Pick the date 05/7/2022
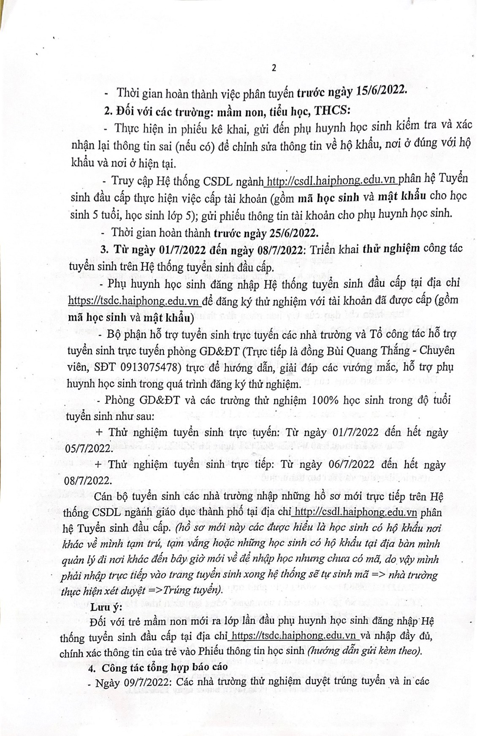click(88, 448)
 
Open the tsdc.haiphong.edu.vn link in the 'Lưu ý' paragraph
click(294, 635)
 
